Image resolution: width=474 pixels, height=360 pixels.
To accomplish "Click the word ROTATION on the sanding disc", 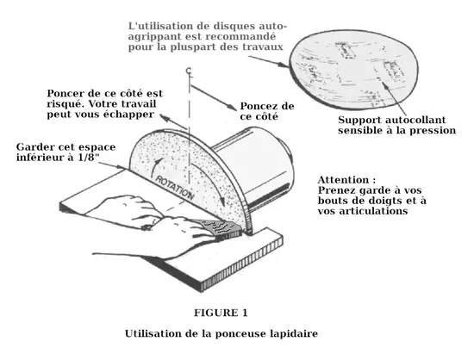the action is click(x=175, y=188).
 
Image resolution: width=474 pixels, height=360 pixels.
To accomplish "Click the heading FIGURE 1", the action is click(x=221, y=313).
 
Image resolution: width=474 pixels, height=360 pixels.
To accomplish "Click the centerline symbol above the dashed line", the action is click(x=189, y=71).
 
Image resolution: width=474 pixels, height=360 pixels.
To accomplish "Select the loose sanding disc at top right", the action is click(x=353, y=70).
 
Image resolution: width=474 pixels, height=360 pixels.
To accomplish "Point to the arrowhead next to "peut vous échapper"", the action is click(x=164, y=117).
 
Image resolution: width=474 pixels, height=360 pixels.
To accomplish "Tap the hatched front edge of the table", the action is click(x=242, y=266).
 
